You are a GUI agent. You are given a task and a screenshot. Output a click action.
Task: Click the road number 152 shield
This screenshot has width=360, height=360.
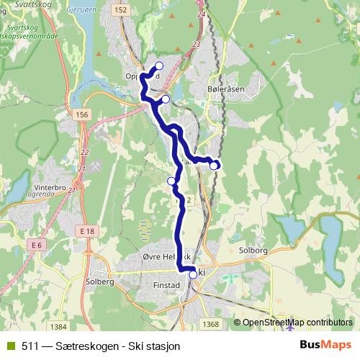click(120, 9)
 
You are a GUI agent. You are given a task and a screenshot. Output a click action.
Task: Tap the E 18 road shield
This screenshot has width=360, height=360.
click(89, 230)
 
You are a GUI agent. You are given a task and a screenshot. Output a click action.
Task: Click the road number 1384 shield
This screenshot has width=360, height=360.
click(58, 326)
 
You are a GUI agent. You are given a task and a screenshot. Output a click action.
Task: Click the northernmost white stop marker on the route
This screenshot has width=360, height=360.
click(159, 66)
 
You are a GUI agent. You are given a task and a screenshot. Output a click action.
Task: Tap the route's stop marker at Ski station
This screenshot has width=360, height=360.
click(193, 274)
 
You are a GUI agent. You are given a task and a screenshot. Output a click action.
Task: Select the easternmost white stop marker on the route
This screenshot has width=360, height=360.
click(214, 166)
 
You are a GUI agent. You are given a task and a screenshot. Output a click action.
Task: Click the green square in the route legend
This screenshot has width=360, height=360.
click(9, 346)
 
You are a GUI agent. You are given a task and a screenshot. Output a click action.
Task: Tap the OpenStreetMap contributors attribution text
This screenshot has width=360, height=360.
click(297, 323)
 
